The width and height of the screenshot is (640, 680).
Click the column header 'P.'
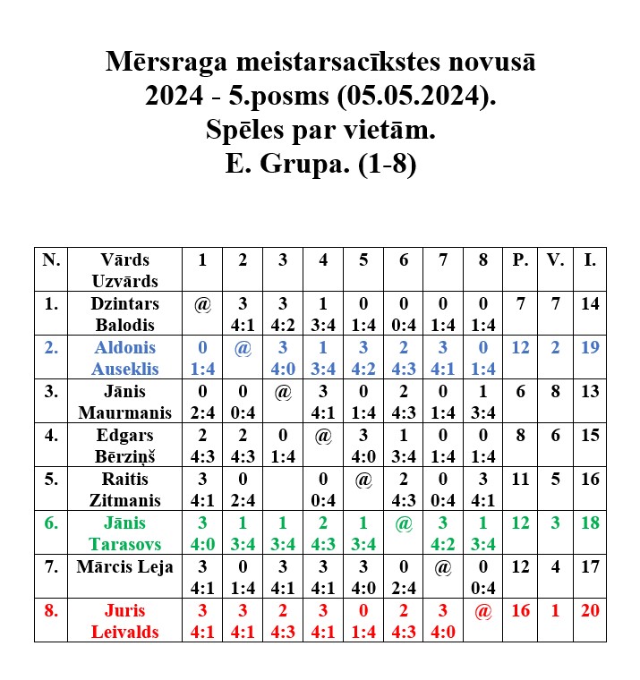[x=520, y=259]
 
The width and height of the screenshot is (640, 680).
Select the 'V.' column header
[x=556, y=259]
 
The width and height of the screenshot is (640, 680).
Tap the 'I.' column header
[x=590, y=259]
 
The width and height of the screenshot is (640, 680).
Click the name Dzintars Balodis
[x=124, y=313]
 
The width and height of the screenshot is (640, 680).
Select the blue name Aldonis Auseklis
[x=124, y=357]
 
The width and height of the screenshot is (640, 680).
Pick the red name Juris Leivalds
[x=124, y=620]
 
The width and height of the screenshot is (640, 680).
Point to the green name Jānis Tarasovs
[x=124, y=532]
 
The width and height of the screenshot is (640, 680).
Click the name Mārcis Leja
[x=124, y=566]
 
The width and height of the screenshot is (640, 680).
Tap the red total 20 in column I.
[x=590, y=610]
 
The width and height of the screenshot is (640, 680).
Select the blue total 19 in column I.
[x=590, y=347]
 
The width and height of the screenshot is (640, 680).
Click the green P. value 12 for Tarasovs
[x=520, y=523]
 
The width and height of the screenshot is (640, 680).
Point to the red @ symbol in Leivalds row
[x=483, y=611]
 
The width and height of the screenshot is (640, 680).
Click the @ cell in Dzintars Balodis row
[x=202, y=304]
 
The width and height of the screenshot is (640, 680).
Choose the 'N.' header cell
[x=51, y=259]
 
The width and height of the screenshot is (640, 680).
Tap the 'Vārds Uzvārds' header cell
[x=124, y=269]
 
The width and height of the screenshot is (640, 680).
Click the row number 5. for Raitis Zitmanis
[x=51, y=479]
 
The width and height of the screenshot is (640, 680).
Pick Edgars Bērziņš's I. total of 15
[x=590, y=435]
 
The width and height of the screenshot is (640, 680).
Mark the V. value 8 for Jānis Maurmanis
[x=556, y=391]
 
